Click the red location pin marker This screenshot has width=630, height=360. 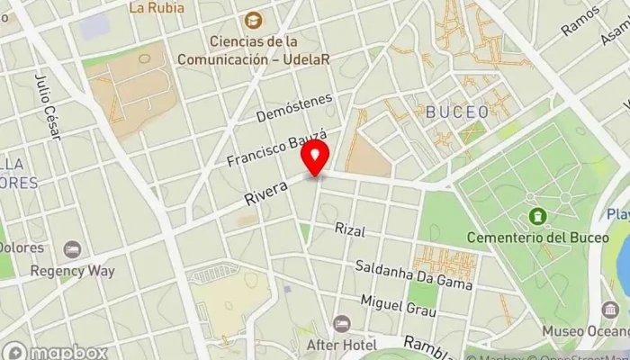[315, 161]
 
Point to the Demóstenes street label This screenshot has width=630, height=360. [294, 107]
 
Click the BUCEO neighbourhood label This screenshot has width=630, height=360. [457, 112]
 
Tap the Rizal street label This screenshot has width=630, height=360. [349, 230]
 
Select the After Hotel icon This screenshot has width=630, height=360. [341, 323]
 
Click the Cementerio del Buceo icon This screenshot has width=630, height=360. [537, 216]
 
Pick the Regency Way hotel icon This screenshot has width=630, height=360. [72, 249]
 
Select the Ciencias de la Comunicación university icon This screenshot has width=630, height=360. [254, 19]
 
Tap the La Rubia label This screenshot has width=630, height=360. [157, 8]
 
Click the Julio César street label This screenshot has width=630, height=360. [46, 107]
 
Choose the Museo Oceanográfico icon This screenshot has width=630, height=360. [609, 310]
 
